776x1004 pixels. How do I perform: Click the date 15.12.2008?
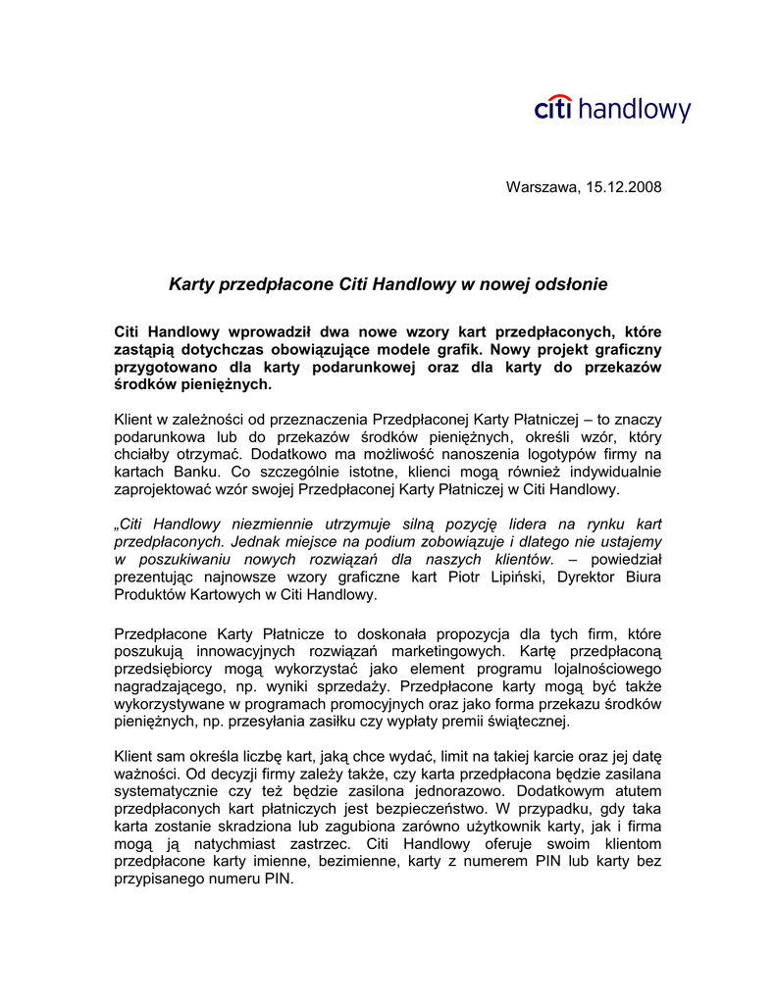click(625, 186)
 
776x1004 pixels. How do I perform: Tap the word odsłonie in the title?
click(568, 284)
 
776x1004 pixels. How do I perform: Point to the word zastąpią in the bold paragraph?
click(147, 349)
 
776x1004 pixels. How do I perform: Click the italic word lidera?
click(531, 524)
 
